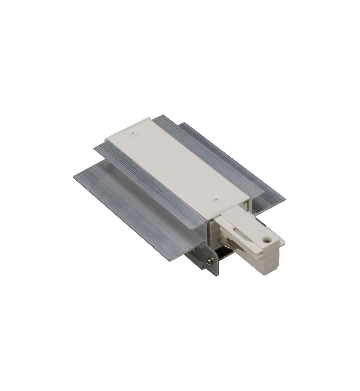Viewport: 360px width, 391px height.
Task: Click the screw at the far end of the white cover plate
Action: [x=134, y=133]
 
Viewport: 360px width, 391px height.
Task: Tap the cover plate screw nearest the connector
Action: [x=215, y=199]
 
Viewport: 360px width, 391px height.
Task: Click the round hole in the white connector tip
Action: [x=265, y=239]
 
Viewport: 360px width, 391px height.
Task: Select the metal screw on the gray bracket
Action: [x=209, y=262]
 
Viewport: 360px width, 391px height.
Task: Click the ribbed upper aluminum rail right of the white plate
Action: [x=216, y=154]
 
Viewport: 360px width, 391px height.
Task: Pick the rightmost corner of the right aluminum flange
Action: [x=284, y=200]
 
